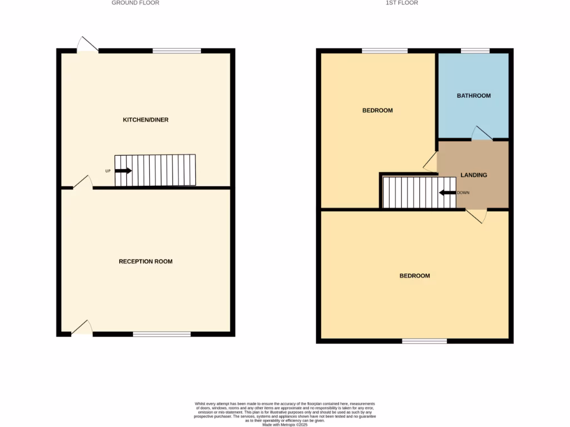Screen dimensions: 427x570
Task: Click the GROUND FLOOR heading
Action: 135,3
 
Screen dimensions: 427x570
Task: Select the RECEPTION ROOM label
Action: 146,261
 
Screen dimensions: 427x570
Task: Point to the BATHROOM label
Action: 474,96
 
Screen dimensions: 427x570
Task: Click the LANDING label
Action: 474,175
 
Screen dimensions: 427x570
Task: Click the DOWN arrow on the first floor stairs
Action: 447,193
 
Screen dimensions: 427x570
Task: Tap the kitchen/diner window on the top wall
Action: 177,51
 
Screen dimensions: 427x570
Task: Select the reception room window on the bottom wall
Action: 162,334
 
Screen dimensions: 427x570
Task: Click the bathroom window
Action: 475,51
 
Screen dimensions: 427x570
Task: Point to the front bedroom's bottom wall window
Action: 424,341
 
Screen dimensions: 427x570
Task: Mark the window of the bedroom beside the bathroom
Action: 385,51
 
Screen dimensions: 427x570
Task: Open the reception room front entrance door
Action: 82,328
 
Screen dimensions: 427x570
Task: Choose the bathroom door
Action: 482,133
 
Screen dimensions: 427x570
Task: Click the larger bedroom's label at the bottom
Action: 415,276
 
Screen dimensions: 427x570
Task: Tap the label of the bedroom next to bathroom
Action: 377,111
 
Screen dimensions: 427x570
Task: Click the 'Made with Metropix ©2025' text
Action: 284,424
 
